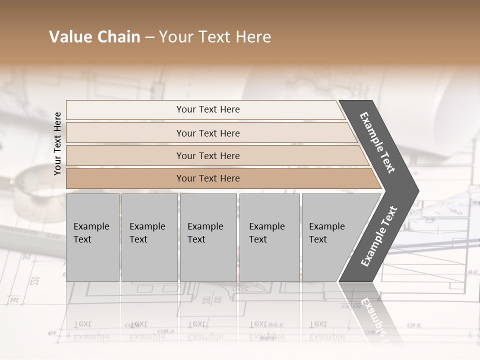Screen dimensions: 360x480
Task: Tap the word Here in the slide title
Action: [252, 37]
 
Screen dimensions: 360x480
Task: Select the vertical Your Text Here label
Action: [57, 143]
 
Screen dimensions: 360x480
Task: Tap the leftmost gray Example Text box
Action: [92, 237]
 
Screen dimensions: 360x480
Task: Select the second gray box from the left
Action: [149, 237]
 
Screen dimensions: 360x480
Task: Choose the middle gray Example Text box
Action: [208, 237]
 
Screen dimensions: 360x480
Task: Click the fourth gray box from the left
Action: [269, 237]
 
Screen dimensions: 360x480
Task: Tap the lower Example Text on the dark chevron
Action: [378, 236]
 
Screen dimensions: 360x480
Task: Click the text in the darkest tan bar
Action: [208, 178]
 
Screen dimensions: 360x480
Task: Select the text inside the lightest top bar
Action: [208, 109]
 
